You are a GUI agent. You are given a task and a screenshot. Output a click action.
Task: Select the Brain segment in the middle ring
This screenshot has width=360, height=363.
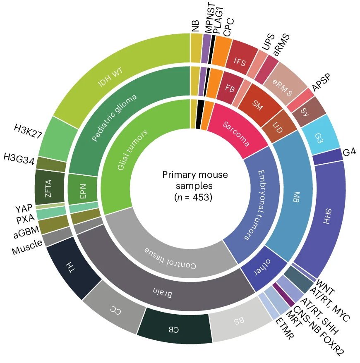166,291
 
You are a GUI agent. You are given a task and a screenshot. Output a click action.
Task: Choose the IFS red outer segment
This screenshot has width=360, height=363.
240,62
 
